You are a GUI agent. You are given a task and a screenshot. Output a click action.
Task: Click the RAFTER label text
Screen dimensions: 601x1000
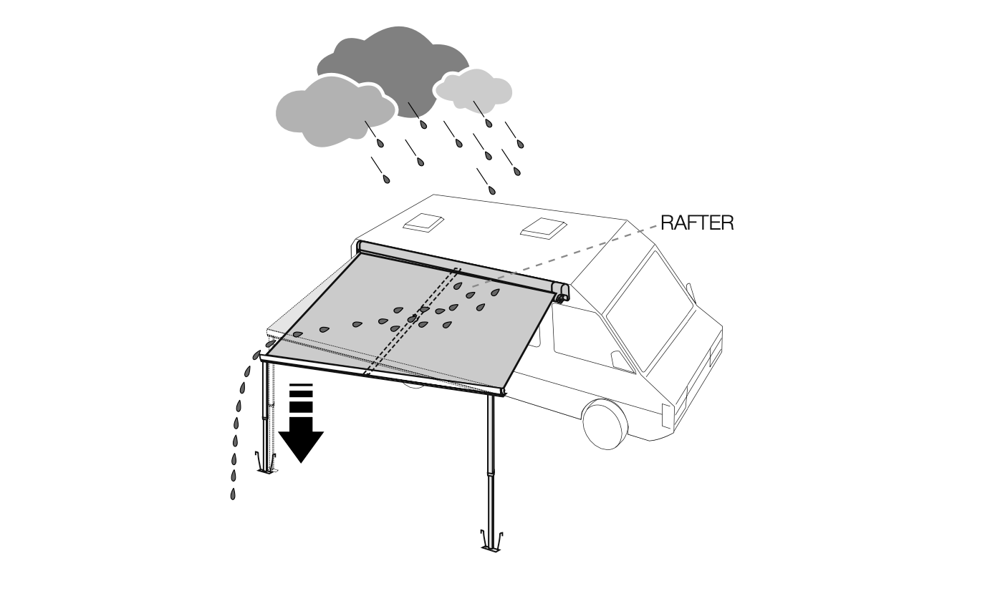pos(697,223)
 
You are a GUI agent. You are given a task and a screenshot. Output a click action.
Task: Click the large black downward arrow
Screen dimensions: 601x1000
pos(301,429)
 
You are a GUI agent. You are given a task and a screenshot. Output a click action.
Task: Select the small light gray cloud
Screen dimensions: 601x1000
pos(474,88)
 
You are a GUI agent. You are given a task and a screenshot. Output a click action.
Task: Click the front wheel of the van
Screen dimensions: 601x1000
pos(605,424)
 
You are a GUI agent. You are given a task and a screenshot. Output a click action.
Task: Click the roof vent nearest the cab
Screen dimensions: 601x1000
pos(543,228)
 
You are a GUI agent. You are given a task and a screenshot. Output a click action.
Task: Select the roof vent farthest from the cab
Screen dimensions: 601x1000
pos(422,222)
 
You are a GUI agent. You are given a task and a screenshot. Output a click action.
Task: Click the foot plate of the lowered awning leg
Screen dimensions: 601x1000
pos(266,469)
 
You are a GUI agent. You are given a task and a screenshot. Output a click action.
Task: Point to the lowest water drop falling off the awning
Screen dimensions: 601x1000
pos(233,494)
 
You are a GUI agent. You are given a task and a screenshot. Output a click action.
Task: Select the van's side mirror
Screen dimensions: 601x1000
pos(689,292)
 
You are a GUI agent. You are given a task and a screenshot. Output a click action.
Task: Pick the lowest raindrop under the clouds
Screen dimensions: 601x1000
pos(491,190)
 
